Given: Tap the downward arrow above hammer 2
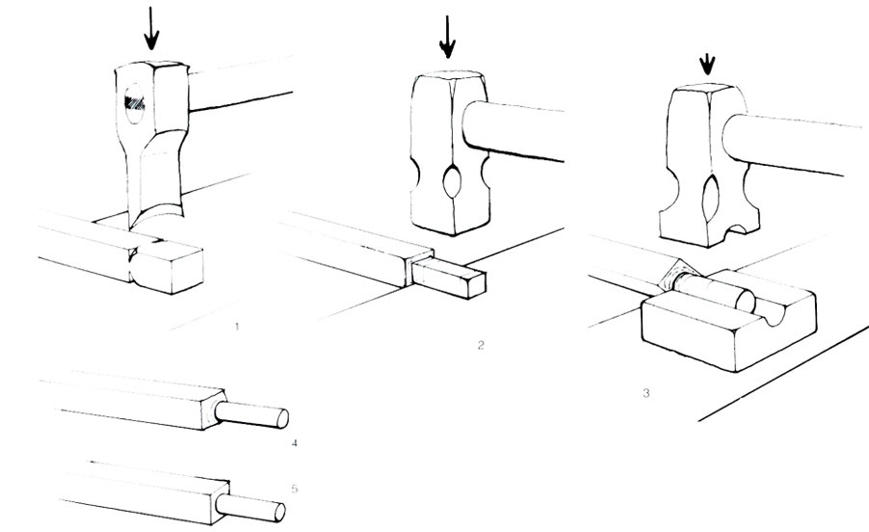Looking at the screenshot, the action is pos(447,36).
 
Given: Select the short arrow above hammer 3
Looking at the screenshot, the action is pos(707,65).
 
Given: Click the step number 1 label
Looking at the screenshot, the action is pos(237,327).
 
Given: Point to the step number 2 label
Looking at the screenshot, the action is pos(481,345).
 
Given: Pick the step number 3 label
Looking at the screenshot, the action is pos(646,393).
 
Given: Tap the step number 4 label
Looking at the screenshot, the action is pos(294,442).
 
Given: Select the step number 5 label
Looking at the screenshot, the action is pos(294,489).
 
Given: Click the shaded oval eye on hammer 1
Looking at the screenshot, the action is pos(135,104).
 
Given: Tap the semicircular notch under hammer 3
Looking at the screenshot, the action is pos(743,227).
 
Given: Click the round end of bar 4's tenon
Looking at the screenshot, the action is pos(282,418).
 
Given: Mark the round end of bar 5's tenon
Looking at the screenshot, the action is pos(280,512).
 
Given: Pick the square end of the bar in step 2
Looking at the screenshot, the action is pos(477,284).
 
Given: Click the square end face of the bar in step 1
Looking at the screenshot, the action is pos(187,272).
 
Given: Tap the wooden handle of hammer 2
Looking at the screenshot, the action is pos(513,131).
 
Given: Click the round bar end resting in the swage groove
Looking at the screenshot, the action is pos(744,301).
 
